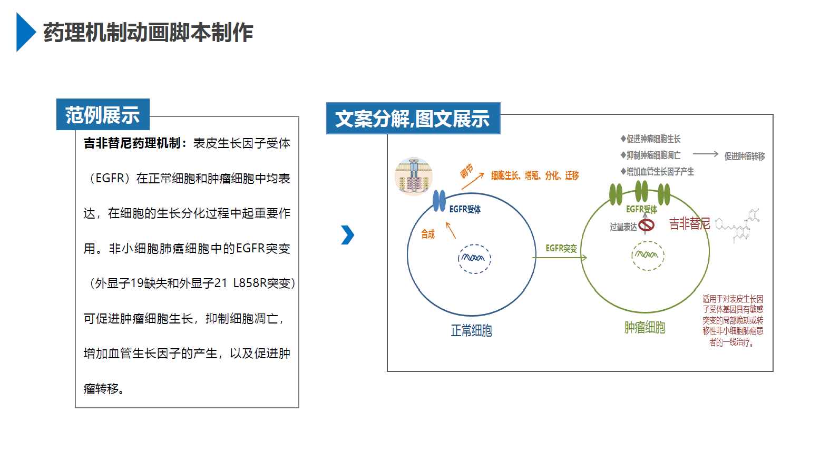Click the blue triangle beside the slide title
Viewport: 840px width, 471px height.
click(25, 32)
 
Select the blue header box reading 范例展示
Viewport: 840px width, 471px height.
click(103, 114)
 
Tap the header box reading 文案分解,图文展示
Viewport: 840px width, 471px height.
click(413, 119)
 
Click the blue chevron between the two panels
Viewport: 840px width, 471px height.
click(348, 235)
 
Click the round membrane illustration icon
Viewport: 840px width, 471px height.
click(414, 176)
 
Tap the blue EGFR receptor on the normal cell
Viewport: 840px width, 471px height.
click(439, 201)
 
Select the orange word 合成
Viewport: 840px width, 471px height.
click(428, 234)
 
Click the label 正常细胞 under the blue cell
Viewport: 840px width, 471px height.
click(471, 330)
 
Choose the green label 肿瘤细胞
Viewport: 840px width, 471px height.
click(644, 328)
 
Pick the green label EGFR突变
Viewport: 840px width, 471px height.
click(561, 248)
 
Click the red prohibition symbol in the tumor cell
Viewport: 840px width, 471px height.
click(647, 225)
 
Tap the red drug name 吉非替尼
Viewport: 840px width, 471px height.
click(689, 224)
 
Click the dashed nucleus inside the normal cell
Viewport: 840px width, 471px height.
click(474, 258)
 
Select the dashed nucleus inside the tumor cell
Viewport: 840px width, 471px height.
click(648, 256)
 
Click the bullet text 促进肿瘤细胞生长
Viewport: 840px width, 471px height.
click(653, 139)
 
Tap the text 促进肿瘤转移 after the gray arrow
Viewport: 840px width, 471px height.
click(744, 156)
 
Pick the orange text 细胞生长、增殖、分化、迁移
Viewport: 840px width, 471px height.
click(535, 175)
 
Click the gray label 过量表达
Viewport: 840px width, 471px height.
click(623, 227)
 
